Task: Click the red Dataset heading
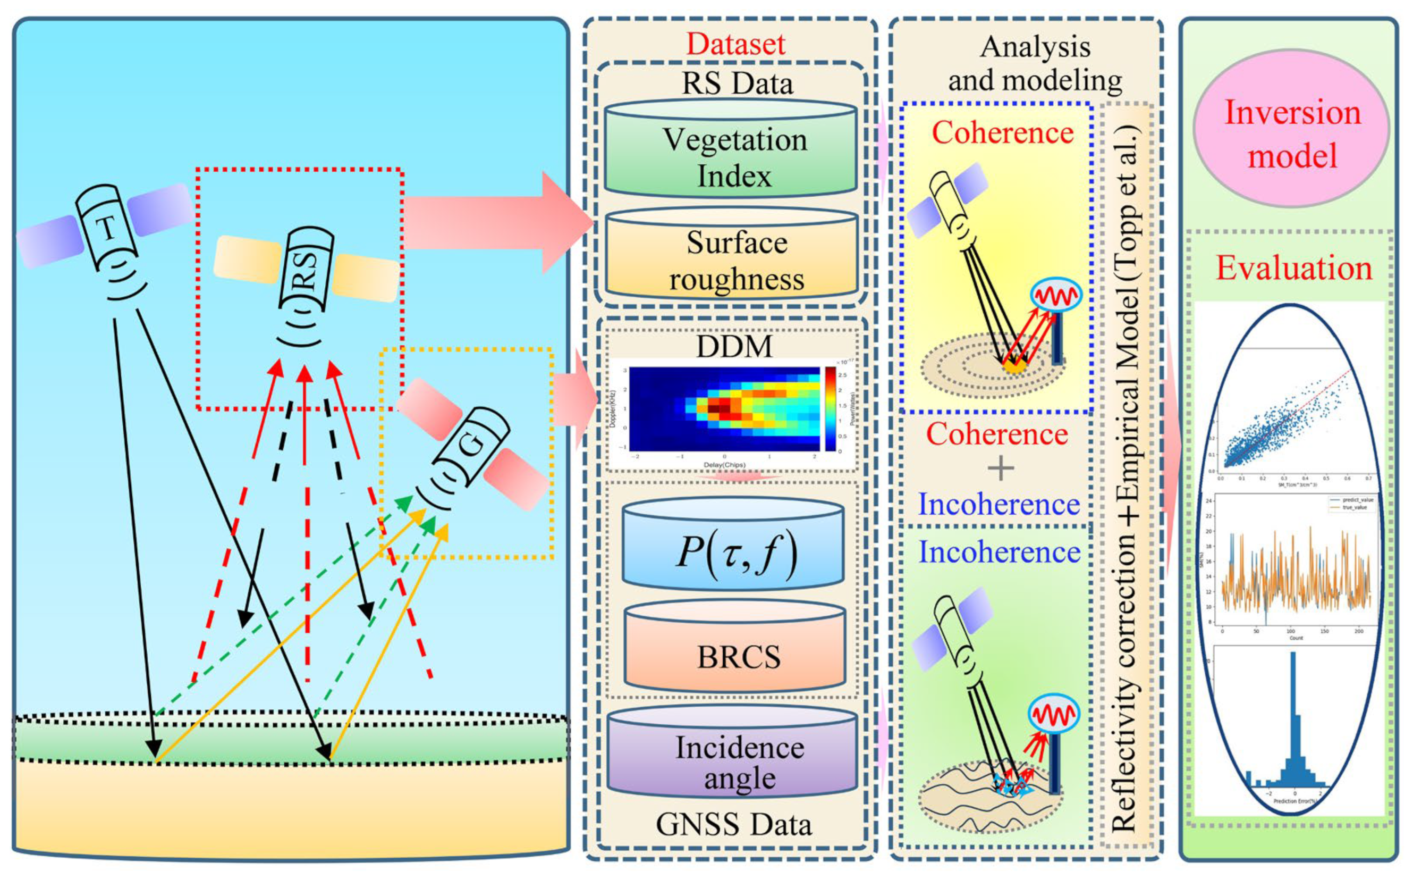pyautogui.click(x=735, y=44)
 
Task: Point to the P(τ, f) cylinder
pyautogui.click(x=733, y=549)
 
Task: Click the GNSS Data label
pyautogui.click(x=733, y=824)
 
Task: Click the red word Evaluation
pyautogui.click(x=1293, y=269)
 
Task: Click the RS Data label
pyautogui.click(x=737, y=83)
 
